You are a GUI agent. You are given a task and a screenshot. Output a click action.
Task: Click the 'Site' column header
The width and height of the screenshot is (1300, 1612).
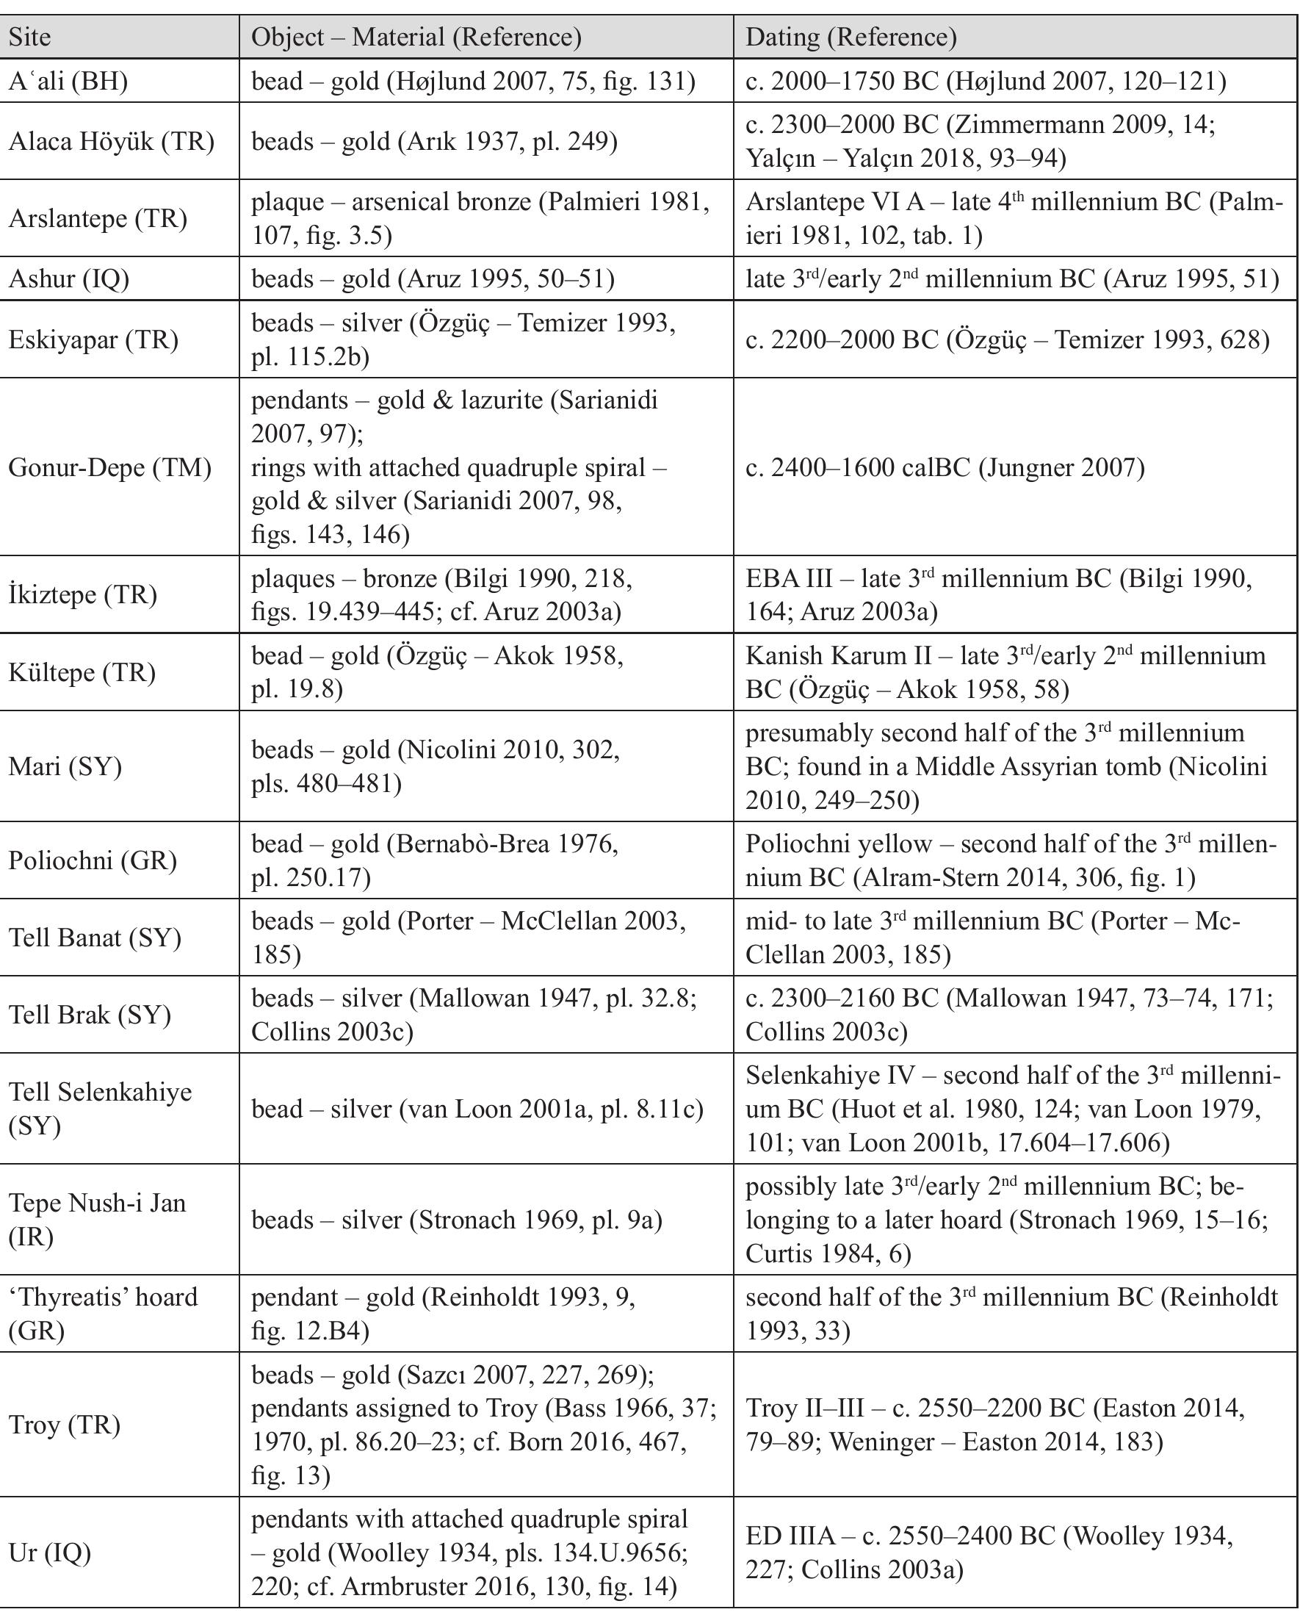(30, 37)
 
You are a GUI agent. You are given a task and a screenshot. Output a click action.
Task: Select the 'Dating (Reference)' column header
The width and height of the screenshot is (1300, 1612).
(851, 37)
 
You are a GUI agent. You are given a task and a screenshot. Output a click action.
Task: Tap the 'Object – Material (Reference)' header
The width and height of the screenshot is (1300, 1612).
(416, 37)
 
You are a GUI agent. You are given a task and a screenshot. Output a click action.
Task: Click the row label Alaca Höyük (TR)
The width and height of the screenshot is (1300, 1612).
(112, 141)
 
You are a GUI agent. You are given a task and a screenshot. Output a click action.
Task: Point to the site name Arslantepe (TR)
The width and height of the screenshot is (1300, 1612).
(98, 219)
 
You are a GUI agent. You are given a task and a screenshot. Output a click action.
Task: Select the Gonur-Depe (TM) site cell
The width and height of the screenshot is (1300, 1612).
(110, 467)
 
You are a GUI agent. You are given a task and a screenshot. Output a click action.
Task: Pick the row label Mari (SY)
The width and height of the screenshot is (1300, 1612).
(65, 766)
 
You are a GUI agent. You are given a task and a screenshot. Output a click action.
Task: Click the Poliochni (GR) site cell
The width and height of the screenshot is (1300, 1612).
(93, 860)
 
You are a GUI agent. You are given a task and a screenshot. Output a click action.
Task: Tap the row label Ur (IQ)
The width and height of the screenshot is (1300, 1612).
(50, 1552)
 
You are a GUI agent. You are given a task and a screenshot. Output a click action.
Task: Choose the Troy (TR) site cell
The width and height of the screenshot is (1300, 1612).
(65, 1425)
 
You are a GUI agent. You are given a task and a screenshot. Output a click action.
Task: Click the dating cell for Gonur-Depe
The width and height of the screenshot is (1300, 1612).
(945, 467)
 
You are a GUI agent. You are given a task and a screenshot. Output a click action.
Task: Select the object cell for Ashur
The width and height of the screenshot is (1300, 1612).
(433, 278)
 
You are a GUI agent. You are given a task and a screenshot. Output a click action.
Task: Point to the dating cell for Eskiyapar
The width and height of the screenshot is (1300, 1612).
(1007, 340)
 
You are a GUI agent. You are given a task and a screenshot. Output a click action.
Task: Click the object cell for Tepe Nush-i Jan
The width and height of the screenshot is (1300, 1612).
(457, 1220)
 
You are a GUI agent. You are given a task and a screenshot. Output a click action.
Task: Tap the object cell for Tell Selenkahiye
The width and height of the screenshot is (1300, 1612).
(477, 1109)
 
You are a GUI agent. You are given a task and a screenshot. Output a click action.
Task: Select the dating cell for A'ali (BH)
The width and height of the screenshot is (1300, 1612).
(986, 81)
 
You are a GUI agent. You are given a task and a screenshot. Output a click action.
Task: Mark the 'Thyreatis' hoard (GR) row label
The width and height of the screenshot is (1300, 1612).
(104, 1314)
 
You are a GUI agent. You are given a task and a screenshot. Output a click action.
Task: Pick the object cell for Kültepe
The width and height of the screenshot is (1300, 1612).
(437, 672)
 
